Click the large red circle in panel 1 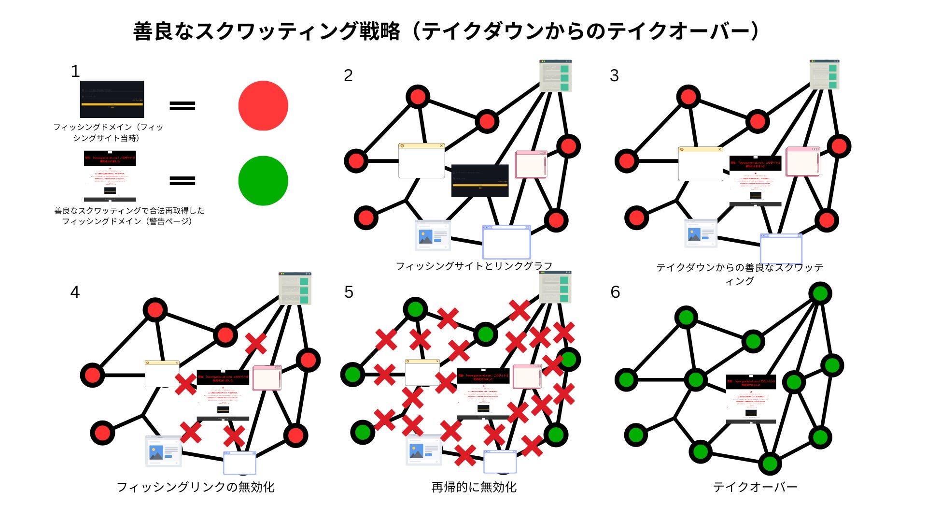[x=263, y=106]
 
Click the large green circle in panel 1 [x=263, y=181]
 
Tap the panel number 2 [x=348, y=75]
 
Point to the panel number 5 [x=349, y=292]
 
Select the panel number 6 [x=615, y=292]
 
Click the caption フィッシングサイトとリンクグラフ [x=474, y=266]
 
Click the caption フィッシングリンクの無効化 [x=196, y=487]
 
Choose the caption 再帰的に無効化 [x=474, y=487]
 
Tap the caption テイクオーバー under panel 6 [x=755, y=487]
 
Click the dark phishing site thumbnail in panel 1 [x=112, y=99]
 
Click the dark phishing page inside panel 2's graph [x=480, y=181]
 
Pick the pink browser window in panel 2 [x=531, y=164]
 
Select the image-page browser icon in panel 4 [x=164, y=451]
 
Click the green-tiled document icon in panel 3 [x=825, y=75]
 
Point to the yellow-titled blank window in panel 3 [x=701, y=164]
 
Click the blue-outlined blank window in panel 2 [x=506, y=242]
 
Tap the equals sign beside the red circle [x=183, y=106]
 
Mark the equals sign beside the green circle [x=183, y=181]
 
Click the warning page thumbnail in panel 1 [x=110, y=176]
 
